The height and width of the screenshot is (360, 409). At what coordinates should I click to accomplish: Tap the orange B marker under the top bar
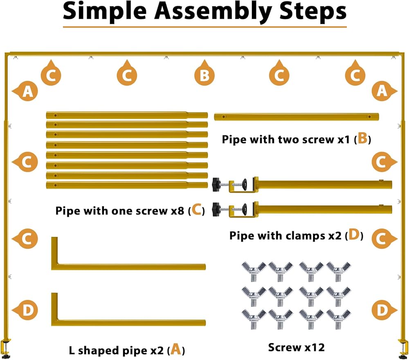(x=204, y=74)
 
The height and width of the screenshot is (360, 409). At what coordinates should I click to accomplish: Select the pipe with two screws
(x=296, y=117)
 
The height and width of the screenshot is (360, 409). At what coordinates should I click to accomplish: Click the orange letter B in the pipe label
(x=362, y=138)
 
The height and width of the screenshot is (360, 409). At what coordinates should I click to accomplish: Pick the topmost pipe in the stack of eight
(x=127, y=115)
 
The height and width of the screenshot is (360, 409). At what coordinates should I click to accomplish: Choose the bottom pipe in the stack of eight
(x=127, y=185)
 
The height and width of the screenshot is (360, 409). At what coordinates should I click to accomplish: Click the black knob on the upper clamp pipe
(x=216, y=184)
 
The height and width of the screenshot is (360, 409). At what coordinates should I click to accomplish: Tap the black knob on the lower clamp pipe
(x=216, y=209)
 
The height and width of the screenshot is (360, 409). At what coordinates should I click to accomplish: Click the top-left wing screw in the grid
(x=254, y=272)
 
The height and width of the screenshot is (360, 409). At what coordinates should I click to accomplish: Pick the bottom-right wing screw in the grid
(x=338, y=319)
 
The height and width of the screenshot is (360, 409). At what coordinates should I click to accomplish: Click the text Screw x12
(x=296, y=347)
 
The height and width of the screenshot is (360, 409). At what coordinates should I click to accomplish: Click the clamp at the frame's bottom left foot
(x=6, y=348)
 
